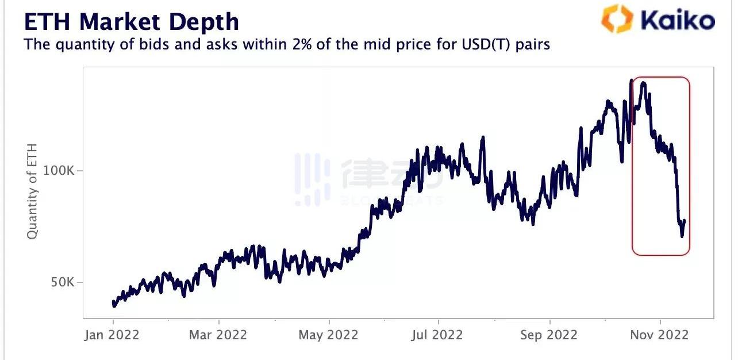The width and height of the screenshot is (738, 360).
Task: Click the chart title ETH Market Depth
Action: pyautogui.click(x=131, y=22)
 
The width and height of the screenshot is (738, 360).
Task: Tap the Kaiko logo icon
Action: pyautogui.click(x=617, y=18)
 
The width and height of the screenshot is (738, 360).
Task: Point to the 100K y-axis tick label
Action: pyautogui.click(x=60, y=171)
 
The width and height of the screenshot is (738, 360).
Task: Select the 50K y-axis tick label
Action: pyautogui.click(x=64, y=282)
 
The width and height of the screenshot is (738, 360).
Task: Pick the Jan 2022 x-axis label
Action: pyautogui.click(x=112, y=335)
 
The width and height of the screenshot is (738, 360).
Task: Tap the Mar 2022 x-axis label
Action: pyautogui.click(x=218, y=335)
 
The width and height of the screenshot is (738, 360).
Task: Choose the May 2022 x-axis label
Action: pyautogui.click(x=328, y=335)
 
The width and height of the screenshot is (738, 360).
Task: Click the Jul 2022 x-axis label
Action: pyautogui.click(x=437, y=335)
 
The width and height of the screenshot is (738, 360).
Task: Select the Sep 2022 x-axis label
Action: pyautogui.click(x=548, y=335)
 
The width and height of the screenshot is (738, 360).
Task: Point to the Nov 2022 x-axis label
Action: pyautogui.click(x=660, y=335)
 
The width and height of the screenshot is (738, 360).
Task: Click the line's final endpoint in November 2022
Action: pyautogui.click(x=685, y=220)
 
